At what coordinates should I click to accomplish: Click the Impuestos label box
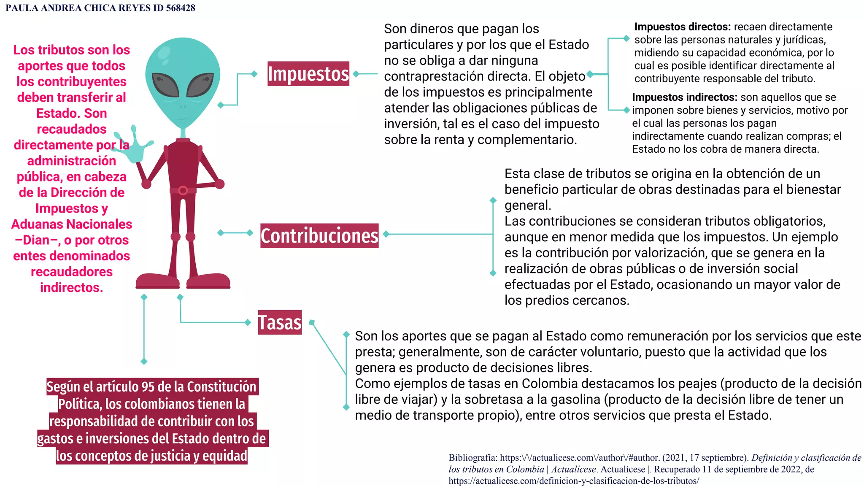(x=308, y=74)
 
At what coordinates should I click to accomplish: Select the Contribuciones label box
(x=319, y=235)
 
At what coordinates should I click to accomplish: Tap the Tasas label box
(x=280, y=322)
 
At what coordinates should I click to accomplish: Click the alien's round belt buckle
(x=183, y=191)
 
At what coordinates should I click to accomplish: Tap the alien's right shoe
(x=208, y=281)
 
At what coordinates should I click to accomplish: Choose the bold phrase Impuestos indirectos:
(x=685, y=97)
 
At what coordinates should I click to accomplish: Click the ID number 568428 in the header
(x=181, y=8)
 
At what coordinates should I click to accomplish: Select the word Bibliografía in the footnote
(x=472, y=458)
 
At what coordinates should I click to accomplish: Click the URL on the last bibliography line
(x=573, y=481)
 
